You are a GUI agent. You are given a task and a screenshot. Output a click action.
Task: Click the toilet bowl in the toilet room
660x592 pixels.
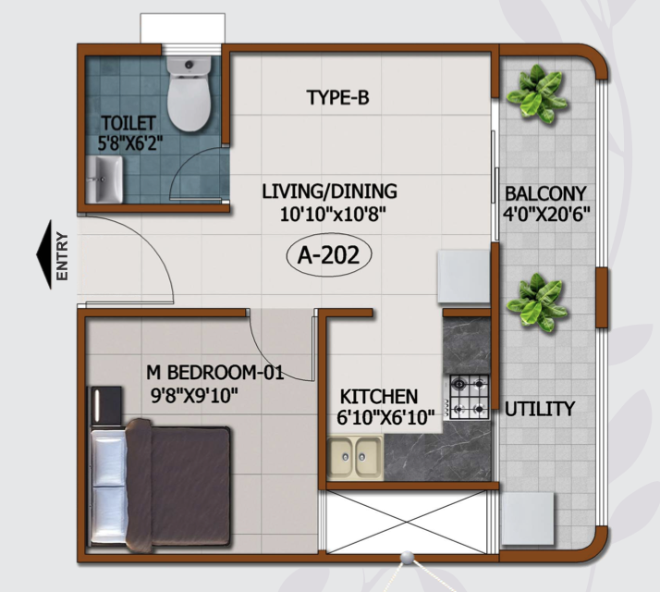pyautogui.click(x=189, y=93)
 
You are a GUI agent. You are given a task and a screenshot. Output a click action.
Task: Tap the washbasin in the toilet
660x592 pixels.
pyautogui.click(x=104, y=179)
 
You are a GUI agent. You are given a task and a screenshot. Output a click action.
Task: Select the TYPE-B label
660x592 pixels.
pyautogui.click(x=338, y=97)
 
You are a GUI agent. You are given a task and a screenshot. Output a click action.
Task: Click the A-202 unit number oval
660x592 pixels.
pyautogui.click(x=329, y=255)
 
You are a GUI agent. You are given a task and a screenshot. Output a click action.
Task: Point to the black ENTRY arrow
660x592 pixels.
pyautogui.click(x=44, y=254)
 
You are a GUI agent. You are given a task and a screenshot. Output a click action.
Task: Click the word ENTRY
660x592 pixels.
pyautogui.click(x=62, y=256)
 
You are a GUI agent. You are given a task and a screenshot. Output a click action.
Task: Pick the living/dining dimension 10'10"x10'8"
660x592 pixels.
pyautogui.click(x=333, y=215)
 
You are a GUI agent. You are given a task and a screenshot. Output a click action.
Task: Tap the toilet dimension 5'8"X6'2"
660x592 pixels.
pyautogui.click(x=130, y=143)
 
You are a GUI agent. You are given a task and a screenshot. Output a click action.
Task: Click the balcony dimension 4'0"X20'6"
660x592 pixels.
pyautogui.click(x=546, y=214)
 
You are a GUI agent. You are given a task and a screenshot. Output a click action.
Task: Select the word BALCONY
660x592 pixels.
pyautogui.click(x=545, y=193)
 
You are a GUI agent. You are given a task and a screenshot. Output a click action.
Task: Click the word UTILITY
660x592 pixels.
pyautogui.click(x=540, y=409)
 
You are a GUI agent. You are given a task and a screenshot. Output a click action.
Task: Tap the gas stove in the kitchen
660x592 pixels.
pyautogui.click(x=469, y=397)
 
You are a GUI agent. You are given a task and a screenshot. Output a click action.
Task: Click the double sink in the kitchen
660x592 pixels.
pyautogui.click(x=354, y=458)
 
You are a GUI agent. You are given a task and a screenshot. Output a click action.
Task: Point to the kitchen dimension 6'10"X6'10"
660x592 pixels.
pyautogui.click(x=385, y=417)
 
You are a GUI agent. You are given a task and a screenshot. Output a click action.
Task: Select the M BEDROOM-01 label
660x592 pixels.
pyautogui.click(x=215, y=373)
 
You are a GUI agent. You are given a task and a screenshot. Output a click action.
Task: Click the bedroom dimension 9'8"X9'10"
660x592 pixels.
pyautogui.click(x=194, y=396)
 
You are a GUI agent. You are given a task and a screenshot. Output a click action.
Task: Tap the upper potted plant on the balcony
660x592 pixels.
pyautogui.click(x=537, y=93)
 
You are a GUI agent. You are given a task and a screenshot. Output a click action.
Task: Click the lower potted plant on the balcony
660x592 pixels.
pyautogui.click(x=537, y=302)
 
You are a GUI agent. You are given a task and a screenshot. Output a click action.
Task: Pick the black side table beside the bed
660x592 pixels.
pyautogui.click(x=105, y=407)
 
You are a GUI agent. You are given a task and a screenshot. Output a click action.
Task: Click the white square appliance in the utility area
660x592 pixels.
pyautogui.click(x=527, y=518)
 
